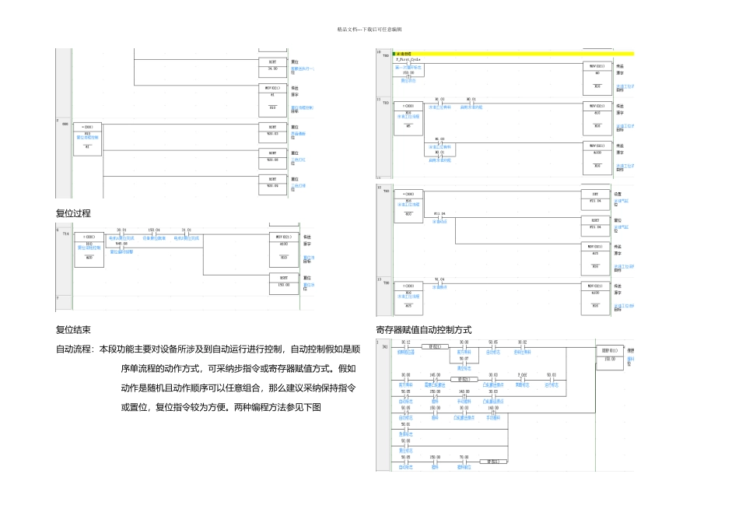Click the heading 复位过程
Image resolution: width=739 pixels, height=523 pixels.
point(73,212)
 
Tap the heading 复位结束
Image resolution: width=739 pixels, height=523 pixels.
point(73,330)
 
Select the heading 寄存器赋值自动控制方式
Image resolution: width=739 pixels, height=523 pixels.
point(423,330)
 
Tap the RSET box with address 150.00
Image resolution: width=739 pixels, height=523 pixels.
point(284,281)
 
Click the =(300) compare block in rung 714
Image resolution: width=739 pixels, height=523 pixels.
point(89,246)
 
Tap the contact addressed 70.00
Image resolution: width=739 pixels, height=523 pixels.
point(464,462)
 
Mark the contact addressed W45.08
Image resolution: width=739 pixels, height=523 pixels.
point(121,247)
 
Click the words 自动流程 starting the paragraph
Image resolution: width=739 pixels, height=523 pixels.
point(73,349)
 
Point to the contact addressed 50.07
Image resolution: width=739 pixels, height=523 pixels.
point(464,362)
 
